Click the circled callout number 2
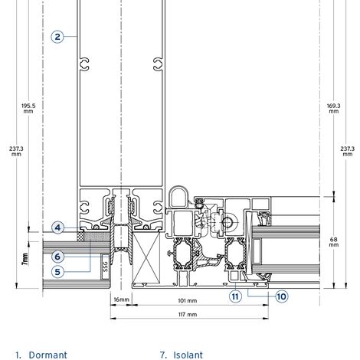pyautogui.click(x=57, y=37)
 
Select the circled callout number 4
pyautogui.click(x=57, y=227)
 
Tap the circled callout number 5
pyautogui.click(x=57, y=272)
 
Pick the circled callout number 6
pyautogui.click(x=57, y=257)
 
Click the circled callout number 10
pyautogui.click(x=281, y=296)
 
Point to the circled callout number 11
pyautogui.click(x=235, y=296)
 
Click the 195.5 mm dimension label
pyautogui.click(x=28, y=108)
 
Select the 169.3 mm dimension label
pyautogui.click(x=334, y=108)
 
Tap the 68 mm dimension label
pyautogui.click(x=334, y=242)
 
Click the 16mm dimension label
pyautogui.click(x=121, y=299)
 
